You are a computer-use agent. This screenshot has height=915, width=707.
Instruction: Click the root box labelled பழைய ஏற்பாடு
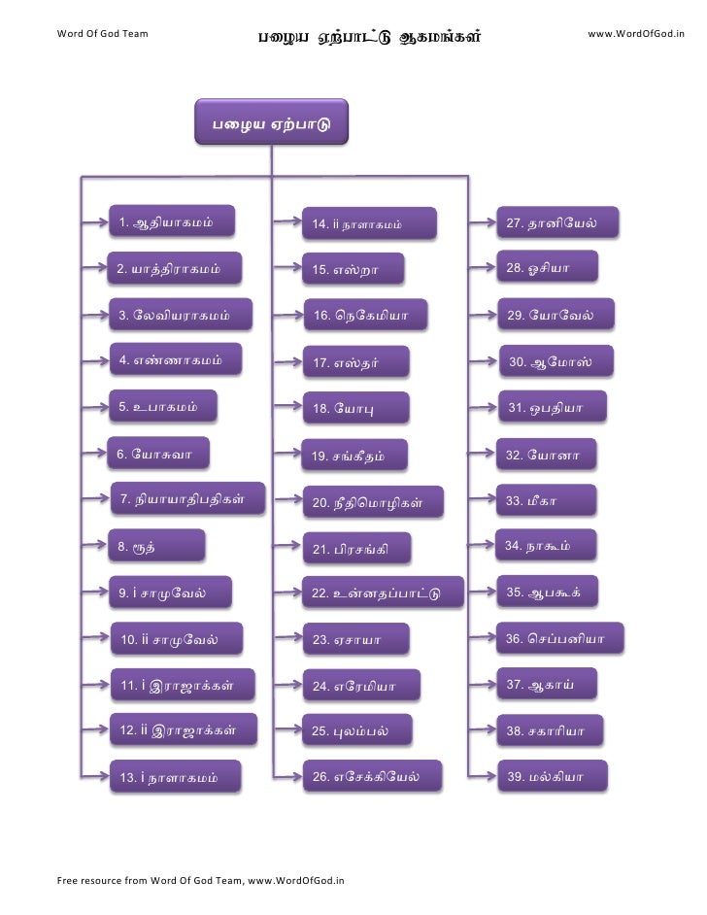(x=271, y=124)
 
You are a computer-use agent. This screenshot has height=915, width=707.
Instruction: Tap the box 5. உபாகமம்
(x=162, y=408)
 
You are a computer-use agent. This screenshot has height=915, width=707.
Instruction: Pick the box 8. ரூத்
(x=156, y=547)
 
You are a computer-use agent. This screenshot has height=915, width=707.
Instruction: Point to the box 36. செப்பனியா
(x=559, y=639)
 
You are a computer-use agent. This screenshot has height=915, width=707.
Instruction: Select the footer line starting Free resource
(x=201, y=881)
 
